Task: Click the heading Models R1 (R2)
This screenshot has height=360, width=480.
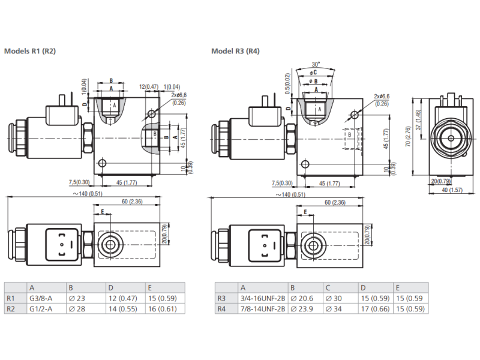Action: click(30, 51)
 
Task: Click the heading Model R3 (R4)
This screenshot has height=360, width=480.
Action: click(235, 51)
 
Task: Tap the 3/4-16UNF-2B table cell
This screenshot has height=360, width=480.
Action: click(262, 298)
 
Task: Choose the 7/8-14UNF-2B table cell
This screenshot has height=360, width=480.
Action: click(262, 309)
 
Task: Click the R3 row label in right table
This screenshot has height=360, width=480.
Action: click(221, 298)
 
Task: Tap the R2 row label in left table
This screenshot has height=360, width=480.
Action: click(11, 309)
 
